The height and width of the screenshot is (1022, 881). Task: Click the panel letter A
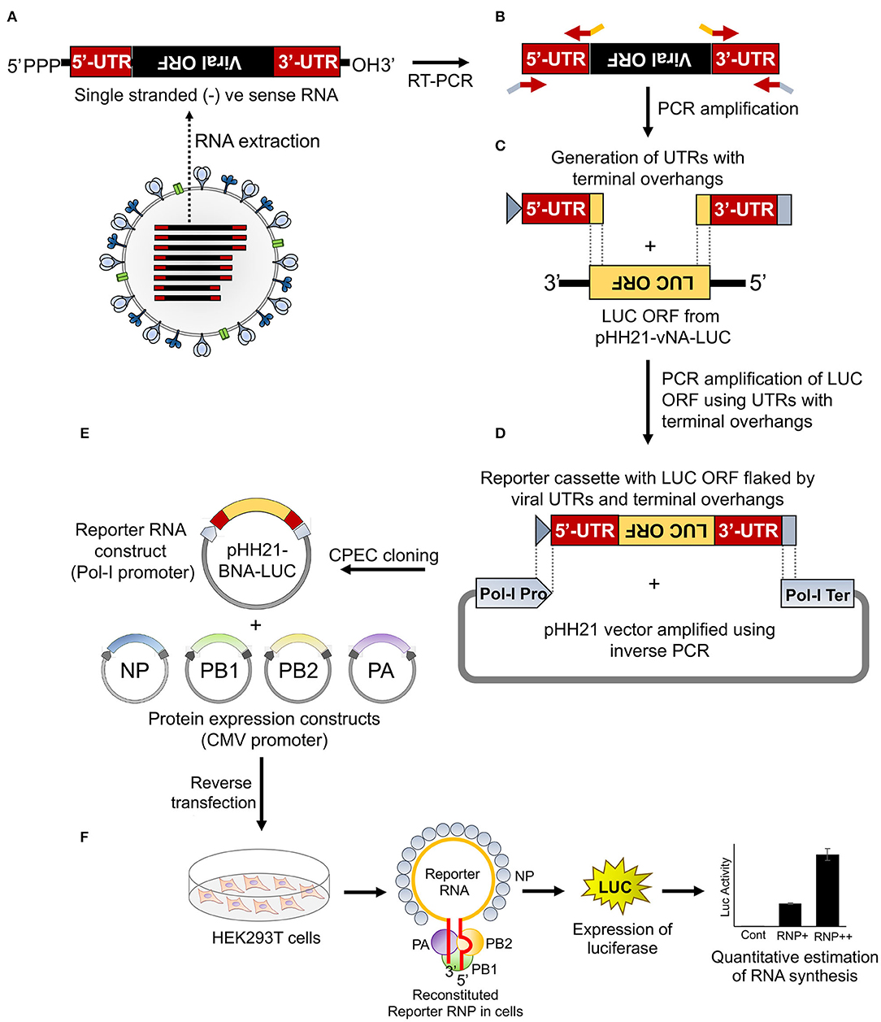(11, 16)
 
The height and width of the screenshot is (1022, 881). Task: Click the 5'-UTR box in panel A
(102, 62)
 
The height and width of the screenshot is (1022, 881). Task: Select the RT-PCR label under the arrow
(440, 80)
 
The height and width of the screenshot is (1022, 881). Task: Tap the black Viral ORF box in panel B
(650, 59)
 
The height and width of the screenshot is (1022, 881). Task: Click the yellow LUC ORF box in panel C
(649, 282)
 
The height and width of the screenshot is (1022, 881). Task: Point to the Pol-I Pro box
(513, 594)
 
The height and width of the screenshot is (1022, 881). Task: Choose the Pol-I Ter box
(817, 594)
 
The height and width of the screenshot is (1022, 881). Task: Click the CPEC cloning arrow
(383, 569)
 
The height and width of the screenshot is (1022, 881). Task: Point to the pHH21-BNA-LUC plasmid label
(257, 561)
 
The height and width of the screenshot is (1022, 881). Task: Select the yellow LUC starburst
(615, 888)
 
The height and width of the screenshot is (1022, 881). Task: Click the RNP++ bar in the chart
(827, 889)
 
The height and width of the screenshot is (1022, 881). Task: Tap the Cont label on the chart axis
(753, 935)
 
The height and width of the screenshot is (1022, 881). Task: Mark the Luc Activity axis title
(726, 887)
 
